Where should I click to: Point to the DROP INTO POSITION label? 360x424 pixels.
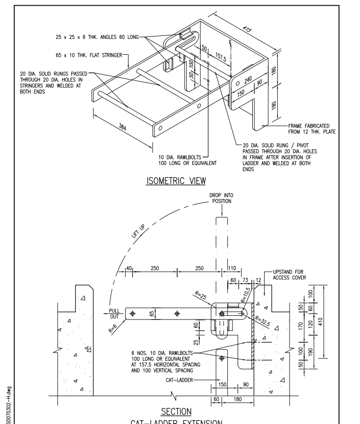(x=221, y=198)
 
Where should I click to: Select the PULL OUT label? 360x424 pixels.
(x=115, y=313)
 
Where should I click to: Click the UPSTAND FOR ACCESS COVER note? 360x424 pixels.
(x=288, y=275)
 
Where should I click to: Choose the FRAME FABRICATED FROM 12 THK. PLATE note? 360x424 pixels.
(x=311, y=129)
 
